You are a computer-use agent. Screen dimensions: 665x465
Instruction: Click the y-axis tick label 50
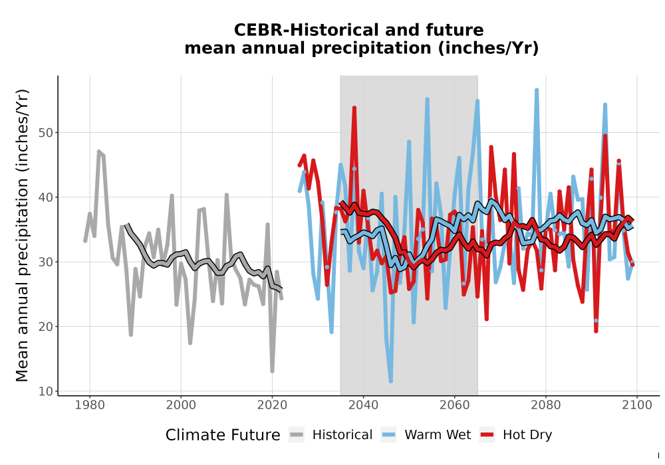pos(45,133)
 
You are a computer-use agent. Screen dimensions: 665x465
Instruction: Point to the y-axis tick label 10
pos(45,391)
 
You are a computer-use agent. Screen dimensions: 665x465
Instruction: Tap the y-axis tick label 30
pos(45,262)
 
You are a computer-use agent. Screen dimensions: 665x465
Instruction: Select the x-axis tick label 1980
pos(90,405)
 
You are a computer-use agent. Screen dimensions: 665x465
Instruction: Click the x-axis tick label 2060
pos(454,405)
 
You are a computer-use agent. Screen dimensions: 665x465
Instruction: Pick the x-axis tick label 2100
pos(636,405)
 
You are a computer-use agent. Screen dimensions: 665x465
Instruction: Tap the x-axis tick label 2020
pos(272,405)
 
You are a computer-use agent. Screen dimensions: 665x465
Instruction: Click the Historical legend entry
pos(331,435)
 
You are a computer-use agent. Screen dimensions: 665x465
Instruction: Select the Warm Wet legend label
pos(438,435)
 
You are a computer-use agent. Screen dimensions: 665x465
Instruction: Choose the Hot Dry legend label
pos(527,435)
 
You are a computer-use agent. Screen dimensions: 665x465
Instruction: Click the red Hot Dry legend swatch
pos(487,435)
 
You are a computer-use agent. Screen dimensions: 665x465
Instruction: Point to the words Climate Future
pos(223,435)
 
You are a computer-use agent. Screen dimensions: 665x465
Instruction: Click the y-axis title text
pos(21,235)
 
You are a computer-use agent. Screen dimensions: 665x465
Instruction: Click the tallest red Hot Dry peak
pos(354,108)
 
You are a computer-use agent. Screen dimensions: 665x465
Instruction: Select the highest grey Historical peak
pos(99,151)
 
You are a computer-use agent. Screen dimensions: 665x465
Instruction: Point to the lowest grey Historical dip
pos(272,371)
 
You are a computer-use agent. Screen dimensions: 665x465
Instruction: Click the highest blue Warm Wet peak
pos(537,90)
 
